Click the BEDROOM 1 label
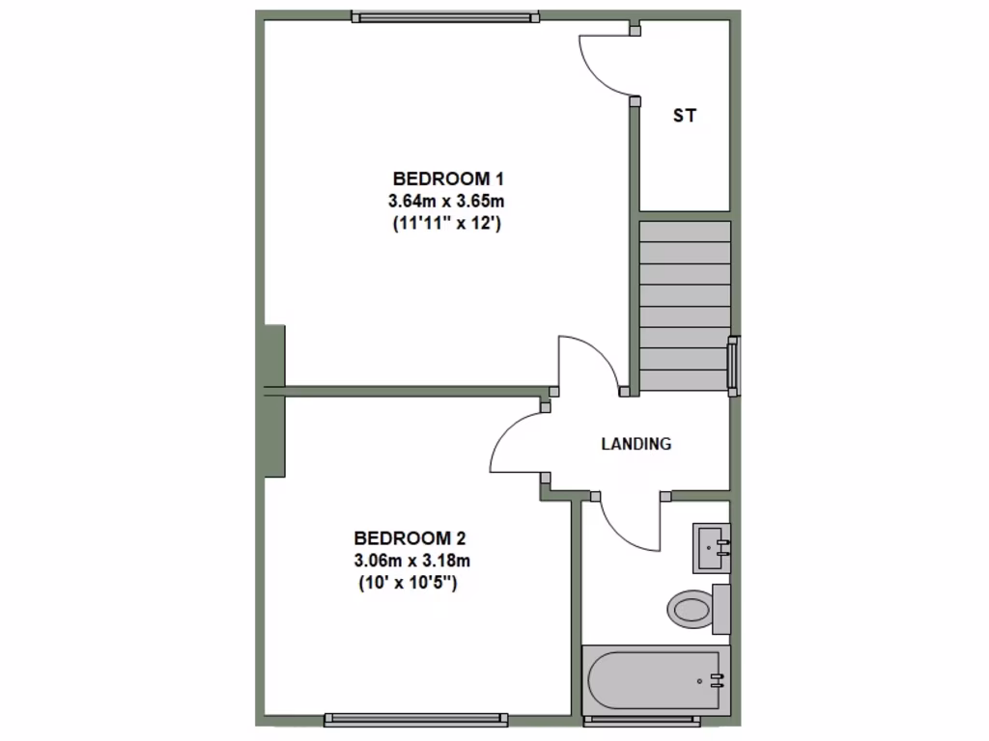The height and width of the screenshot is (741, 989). click(449, 178)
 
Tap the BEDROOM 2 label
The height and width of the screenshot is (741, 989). click(410, 537)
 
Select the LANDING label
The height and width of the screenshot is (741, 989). click(636, 445)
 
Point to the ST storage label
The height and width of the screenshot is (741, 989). click(685, 116)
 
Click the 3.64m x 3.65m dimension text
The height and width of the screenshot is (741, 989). click(447, 202)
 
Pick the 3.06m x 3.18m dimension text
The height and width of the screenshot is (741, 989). click(410, 561)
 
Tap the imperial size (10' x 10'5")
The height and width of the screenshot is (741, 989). click(408, 583)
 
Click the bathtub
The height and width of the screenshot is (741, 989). click(653, 679)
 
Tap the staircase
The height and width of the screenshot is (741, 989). click(684, 306)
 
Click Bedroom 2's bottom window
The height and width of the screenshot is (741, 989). click(416, 719)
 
